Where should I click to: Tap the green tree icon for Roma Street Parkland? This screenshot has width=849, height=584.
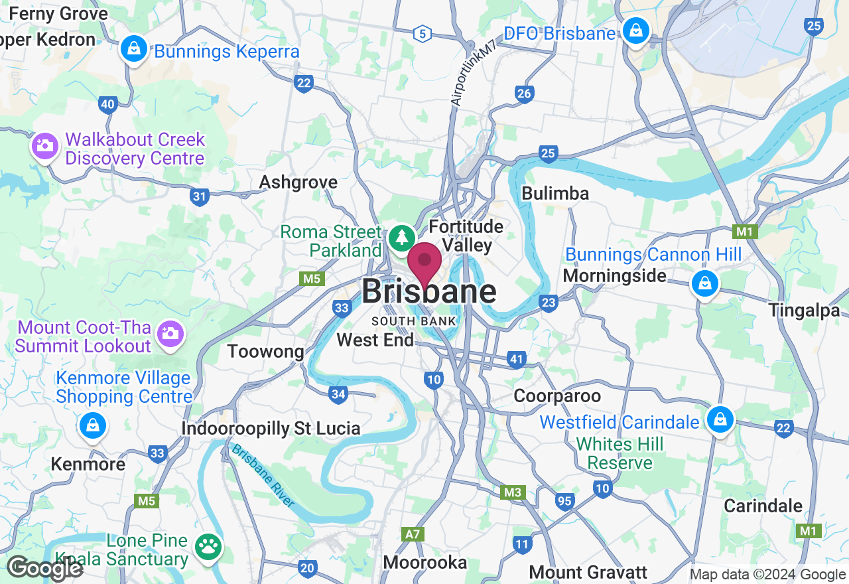click(x=401, y=238)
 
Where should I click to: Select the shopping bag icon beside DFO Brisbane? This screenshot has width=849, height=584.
click(x=635, y=31)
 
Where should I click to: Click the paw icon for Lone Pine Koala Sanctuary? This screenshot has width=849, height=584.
click(x=209, y=547)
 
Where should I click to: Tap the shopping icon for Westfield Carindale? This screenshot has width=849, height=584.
click(x=718, y=419)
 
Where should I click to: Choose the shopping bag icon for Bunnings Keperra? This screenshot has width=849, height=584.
click(x=134, y=49)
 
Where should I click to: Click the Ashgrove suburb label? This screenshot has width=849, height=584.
click(x=298, y=182)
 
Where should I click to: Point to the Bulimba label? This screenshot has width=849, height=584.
click(x=555, y=193)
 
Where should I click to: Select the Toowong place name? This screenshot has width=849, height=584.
click(x=265, y=351)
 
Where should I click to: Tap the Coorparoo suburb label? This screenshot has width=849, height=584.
click(x=557, y=396)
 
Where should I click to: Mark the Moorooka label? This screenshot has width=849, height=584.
click(x=425, y=563)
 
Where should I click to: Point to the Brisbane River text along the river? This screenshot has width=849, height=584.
click(x=263, y=475)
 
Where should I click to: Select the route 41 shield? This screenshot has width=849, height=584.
click(x=517, y=360)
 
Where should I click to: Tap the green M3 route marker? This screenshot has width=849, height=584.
click(x=512, y=492)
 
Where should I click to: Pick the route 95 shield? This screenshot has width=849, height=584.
click(x=564, y=501)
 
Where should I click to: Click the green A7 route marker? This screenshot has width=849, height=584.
click(x=411, y=534)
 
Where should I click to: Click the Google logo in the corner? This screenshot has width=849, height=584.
click(x=45, y=568)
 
